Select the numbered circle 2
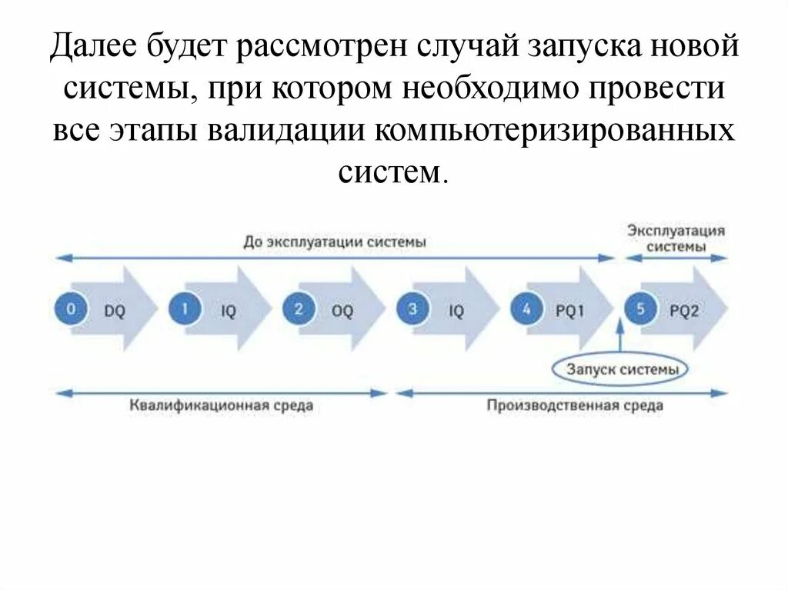tap(299, 309)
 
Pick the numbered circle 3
tap(412, 309)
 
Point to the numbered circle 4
tap(526, 309)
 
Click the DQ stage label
tap(114, 312)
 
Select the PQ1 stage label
tap(570, 312)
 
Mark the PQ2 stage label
tap(684, 312)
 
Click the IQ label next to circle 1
tap(228, 312)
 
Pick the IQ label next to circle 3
tap(456, 312)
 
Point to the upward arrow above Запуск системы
tap(619, 335)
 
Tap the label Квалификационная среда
tap(222, 405)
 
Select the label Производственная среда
tap(574, 405)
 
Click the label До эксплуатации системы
tap(335, 242)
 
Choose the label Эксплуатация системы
tap(676, 238)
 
